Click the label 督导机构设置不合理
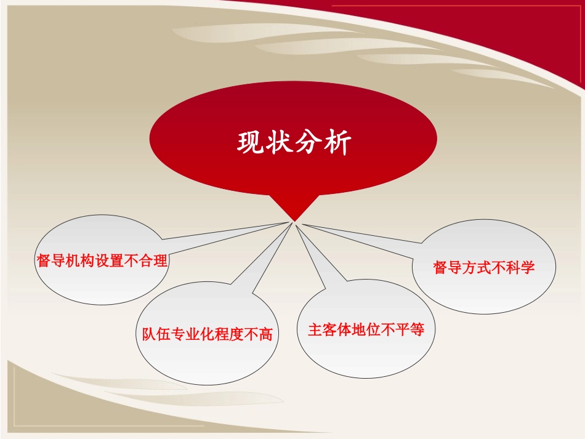coord(102,260)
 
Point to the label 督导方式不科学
coord(484,268)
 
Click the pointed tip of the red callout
coord(294,220)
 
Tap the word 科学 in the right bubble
coord(521,268)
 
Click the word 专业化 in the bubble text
coord(192,334)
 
